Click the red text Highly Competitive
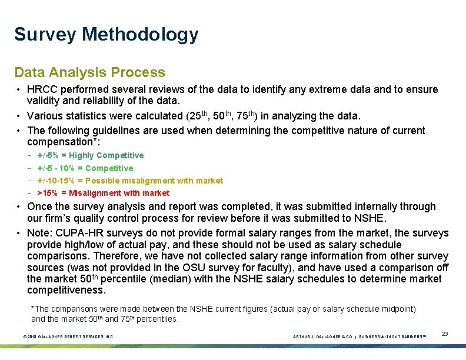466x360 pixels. tap(106, 156)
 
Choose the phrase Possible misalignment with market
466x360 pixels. tap(154, 181)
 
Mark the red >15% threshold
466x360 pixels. tap(48, 193)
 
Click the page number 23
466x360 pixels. tap(445, 334)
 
